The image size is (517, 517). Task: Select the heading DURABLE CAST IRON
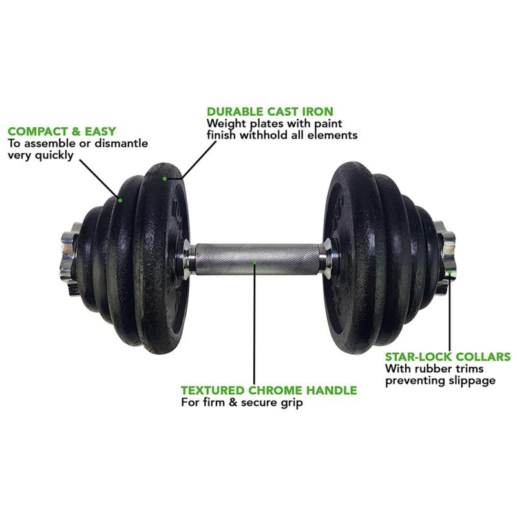[x=270, y=111]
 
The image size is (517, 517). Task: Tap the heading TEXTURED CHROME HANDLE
[x=268, y=390]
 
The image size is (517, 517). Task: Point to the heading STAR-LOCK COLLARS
[x=448, y=356]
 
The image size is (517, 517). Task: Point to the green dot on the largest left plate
[x=165, y=178]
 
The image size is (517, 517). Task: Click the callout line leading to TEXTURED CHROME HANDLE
[x=255, y=323]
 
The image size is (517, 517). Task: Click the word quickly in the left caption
[x=56, y=156]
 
